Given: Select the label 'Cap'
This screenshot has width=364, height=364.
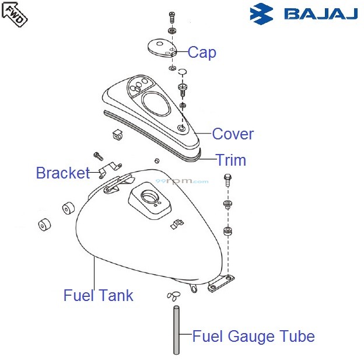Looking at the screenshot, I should coord(202,52).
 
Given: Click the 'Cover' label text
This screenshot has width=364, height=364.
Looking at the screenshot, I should coord(233,134).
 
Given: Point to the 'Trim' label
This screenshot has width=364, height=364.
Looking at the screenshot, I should coord(231,160).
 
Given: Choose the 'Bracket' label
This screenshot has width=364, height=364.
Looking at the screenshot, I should coord(62,173).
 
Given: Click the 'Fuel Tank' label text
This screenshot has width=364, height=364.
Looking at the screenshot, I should coord(98,296).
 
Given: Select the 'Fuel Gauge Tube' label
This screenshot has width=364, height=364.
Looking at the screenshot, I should coord(253,337).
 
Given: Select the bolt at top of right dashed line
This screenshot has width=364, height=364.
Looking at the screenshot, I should coord(227,178).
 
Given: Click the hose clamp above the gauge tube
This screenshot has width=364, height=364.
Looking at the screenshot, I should coord(173,294).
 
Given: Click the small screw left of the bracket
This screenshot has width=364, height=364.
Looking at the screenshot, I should coord(97,156).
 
